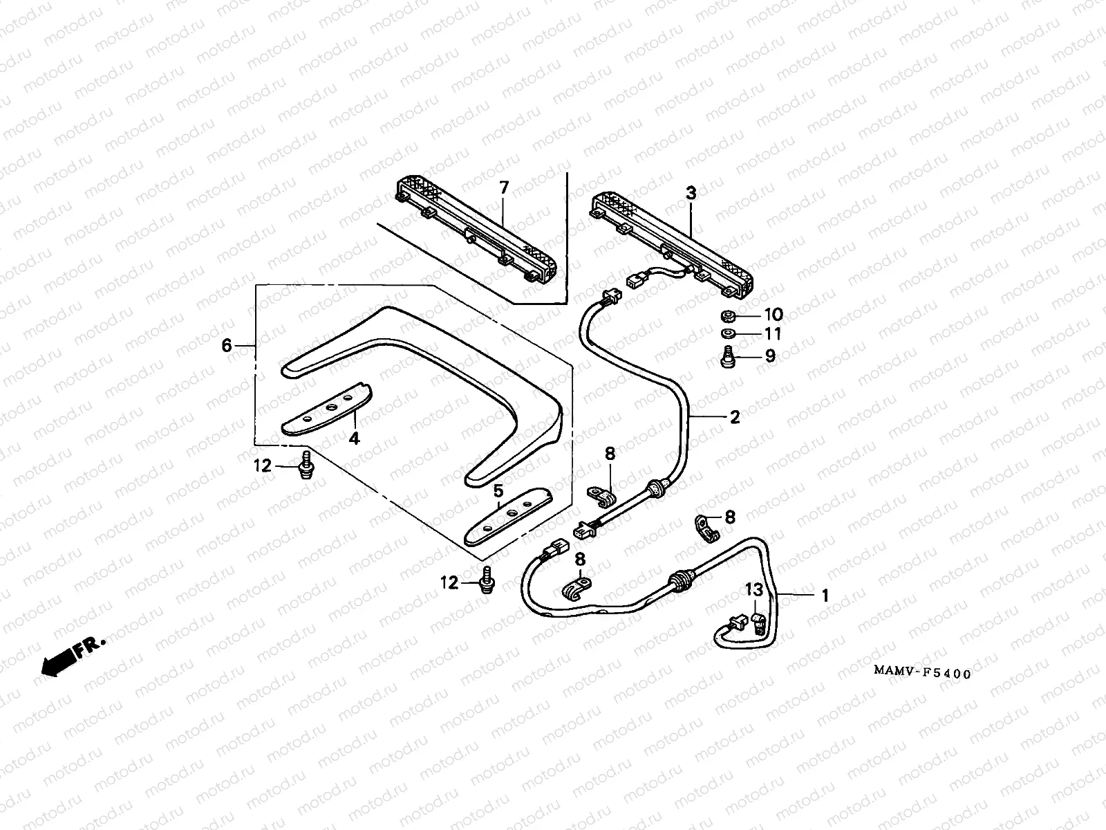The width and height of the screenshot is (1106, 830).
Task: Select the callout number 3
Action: (x=691, y=194)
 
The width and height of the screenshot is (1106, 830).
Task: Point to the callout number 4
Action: (x=354, y=438)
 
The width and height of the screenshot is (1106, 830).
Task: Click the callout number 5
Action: (x=497, y=492)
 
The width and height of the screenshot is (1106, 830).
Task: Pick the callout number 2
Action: (x=734, y=416)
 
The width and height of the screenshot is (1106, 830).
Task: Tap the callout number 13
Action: (x=753, y=589)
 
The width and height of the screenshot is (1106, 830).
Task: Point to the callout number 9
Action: (x=769, y=356)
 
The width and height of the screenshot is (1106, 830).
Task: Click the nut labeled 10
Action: (x=727, y=317)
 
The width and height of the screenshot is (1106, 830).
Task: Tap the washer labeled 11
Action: (x=727, y=334)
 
